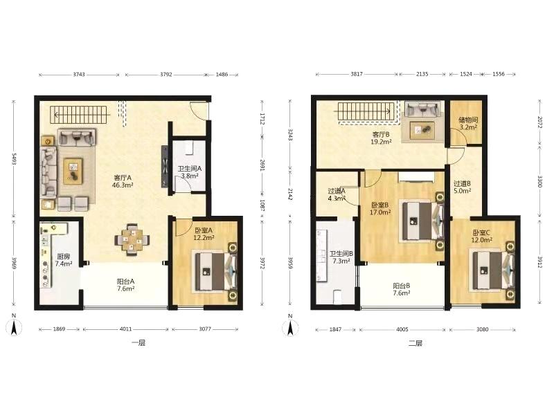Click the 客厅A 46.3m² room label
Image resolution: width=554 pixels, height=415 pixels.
point(123,181)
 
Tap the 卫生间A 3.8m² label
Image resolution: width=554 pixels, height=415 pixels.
point(189,172)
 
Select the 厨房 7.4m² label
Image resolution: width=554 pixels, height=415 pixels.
point(64,260)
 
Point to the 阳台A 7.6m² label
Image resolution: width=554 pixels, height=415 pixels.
point(126,285)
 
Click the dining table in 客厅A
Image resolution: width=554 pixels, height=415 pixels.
point(132,239)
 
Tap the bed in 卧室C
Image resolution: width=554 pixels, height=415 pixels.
point(494,270)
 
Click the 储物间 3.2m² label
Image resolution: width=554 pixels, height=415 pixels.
point(468,124)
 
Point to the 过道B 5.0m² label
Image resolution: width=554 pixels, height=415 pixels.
point(462,187)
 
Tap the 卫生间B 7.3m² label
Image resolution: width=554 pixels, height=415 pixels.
point(341,257)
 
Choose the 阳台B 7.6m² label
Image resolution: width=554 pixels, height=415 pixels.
point(402,289)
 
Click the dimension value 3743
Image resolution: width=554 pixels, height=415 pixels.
point(79,75)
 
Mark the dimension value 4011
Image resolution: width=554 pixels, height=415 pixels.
point(125,329)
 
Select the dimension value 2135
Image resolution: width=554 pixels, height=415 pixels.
point(422,74)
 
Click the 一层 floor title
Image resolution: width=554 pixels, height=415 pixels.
point(138,343)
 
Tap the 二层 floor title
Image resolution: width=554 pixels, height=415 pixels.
point(415,343)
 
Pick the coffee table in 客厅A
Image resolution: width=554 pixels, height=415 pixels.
point(73,171)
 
